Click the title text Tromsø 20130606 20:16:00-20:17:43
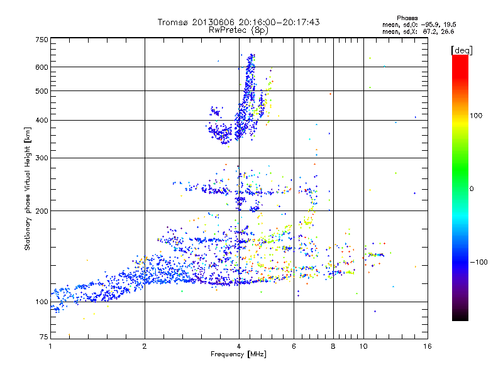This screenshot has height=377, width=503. [239, 22]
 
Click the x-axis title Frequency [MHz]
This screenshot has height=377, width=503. [238, 354]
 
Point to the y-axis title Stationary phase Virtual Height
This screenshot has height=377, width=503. [28, 188]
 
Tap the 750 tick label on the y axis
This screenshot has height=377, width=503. [41, 40]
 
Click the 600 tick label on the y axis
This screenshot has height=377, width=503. [41, 67]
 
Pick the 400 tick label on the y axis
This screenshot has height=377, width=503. [41, 120]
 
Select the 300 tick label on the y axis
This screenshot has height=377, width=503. [41, 158]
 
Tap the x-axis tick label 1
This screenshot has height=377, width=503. [50, 346]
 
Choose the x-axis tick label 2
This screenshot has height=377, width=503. [145, 346]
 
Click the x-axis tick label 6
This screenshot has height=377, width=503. [294, 346]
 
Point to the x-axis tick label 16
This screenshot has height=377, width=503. [427, 346]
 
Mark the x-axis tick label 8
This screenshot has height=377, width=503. [333, 346]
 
